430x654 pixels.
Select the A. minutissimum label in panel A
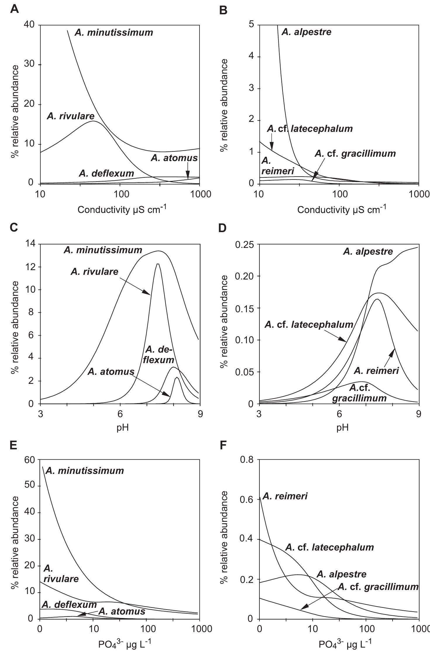114,32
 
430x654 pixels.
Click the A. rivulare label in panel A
70,116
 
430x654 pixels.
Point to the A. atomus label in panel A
174,158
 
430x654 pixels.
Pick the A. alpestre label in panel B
306,32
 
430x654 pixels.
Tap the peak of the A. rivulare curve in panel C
158,264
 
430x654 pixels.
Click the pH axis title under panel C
122,428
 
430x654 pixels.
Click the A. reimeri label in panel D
376,371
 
